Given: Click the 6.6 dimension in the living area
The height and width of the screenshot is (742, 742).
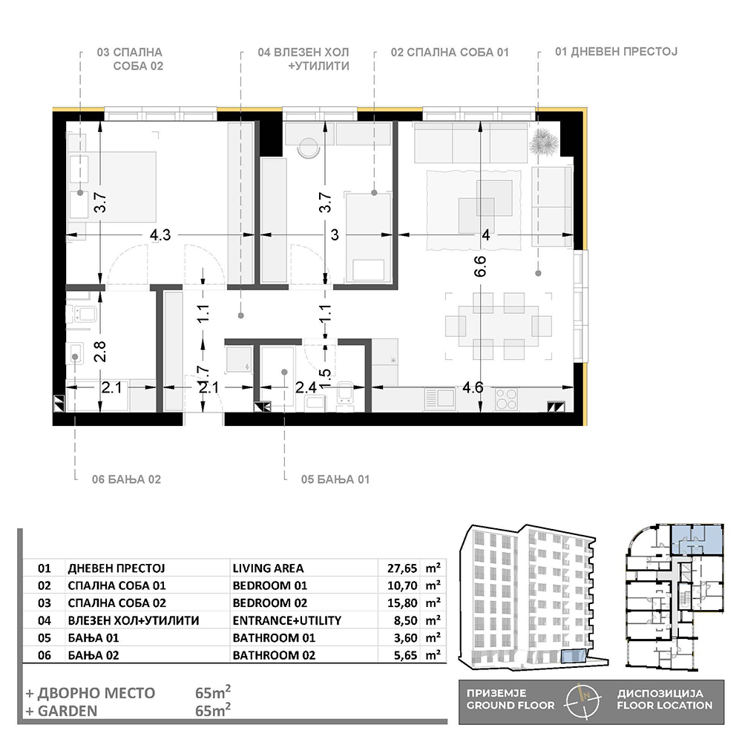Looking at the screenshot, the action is tap(480, 266).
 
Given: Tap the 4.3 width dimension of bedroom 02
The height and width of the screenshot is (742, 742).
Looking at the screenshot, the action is tap(160, 234).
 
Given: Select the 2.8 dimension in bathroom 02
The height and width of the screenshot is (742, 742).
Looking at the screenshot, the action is tap(100, 351).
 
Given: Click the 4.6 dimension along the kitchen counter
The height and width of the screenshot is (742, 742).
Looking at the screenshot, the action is tap(473, 387).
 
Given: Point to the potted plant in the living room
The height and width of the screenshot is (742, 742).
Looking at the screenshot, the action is tap(544, 140).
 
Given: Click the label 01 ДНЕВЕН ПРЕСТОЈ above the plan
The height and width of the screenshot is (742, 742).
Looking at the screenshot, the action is tap(616, 52).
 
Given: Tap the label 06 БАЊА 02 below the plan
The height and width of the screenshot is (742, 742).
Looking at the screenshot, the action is tap(126, 479).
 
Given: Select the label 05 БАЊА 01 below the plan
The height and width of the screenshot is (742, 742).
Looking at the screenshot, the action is tap(335, 479).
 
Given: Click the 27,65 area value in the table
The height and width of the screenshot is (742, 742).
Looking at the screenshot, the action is tap(402, 568).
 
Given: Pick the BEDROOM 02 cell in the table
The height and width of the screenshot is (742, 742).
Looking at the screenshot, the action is tap(270, 603).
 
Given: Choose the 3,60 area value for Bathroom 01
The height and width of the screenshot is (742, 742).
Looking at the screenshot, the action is tap(406, 638).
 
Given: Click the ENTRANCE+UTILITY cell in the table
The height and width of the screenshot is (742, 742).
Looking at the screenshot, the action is tap(286, 620).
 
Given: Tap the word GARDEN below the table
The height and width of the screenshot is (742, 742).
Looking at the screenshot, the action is tap(67, 711).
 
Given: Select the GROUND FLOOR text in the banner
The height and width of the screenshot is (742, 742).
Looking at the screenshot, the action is tap(510, 706).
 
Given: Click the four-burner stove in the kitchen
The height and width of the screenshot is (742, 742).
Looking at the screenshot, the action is tap(506, 398).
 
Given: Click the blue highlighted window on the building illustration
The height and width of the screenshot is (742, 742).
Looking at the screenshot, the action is tap(574, 657).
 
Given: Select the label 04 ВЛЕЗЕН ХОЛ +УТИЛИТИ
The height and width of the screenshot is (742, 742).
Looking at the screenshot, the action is tap(303, 59).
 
